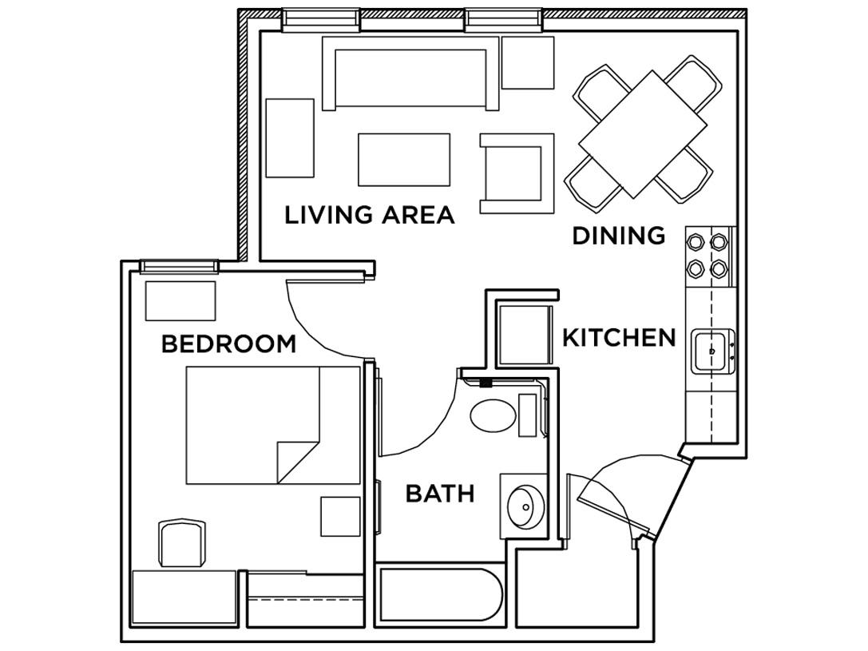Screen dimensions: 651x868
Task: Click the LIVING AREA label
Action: pos(370,215)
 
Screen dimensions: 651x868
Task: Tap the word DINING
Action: pos(620,236)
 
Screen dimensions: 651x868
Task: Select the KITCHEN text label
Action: pos(619,338)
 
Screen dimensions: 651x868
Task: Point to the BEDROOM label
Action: pos(228,344)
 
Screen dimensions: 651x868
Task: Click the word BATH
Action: pos(440,494)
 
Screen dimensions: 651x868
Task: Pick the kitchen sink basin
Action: pos(711,351)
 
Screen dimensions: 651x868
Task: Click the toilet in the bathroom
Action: pos(493,415)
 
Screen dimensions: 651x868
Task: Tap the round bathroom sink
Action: pos(525,506)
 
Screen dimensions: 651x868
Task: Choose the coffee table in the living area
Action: pos(404,160)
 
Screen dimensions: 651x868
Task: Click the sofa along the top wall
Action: pos(411,73)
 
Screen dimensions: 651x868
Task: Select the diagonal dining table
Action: pos(643,134)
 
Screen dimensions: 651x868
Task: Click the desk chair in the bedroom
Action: pos(183,543)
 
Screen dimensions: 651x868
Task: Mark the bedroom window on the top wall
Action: pos(180,267)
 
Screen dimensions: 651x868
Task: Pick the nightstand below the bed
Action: pos(340,516)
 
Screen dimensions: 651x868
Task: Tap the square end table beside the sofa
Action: pos(528,62)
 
